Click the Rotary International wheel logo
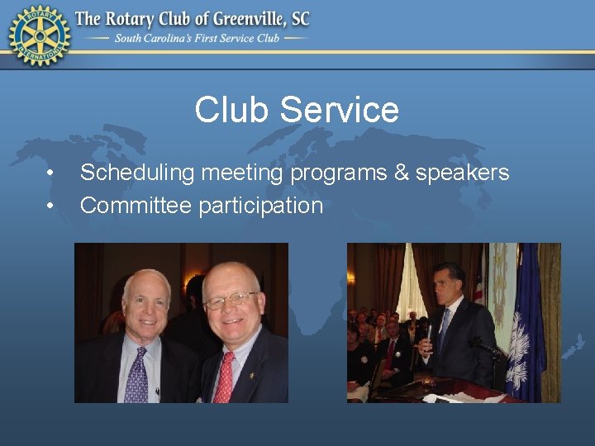click(x=39, y=35)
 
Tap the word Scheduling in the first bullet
click(x=137, y=173)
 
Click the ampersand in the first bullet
click(x=400, y=173)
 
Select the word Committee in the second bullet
click(x=136, y=206)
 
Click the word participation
click(x=260, y=206)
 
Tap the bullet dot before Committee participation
click(x=51, y=206)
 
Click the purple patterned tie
click(x=136, y=376)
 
